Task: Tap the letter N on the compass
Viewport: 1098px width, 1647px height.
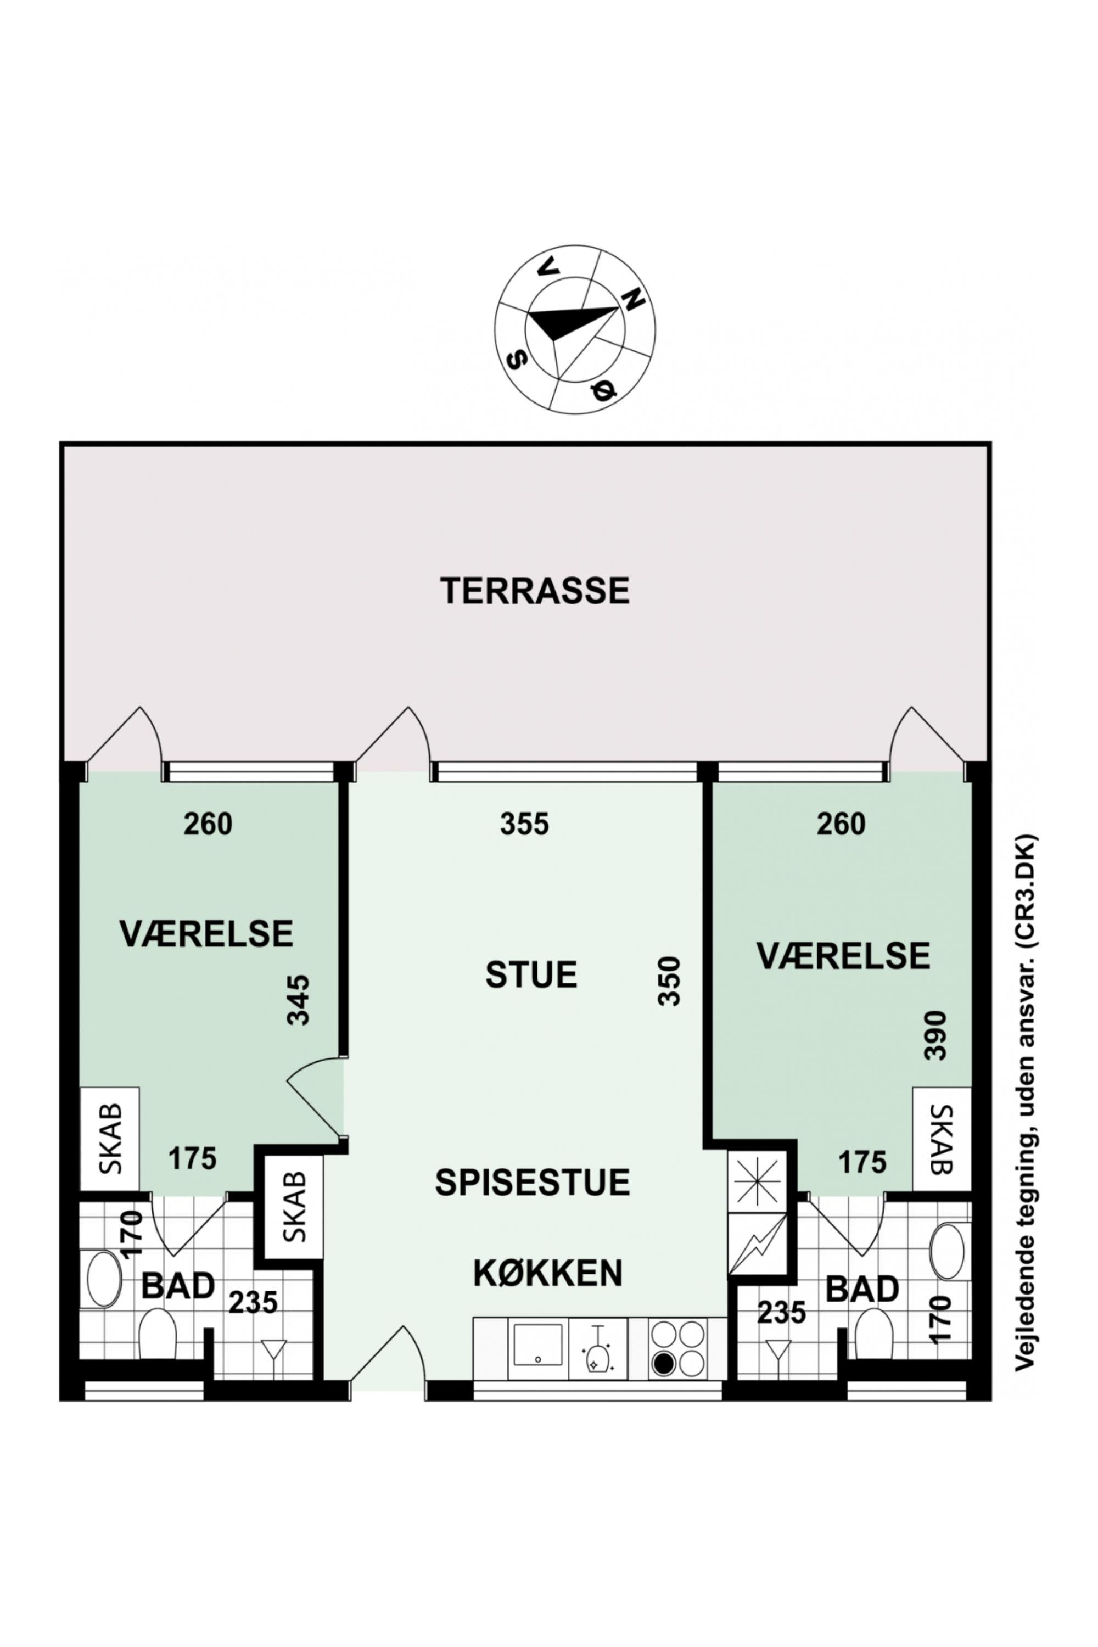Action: point(633,300)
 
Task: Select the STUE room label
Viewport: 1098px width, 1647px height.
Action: point(531,975)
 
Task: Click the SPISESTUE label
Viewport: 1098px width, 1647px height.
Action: point(532,1182)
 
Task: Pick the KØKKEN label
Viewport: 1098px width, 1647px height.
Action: point(547,1274)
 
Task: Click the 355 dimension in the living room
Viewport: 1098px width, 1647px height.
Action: point(524,824)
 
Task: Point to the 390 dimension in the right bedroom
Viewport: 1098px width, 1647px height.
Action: point(935,1035)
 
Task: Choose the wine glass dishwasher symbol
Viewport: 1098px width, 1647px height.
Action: point(597,1349)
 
